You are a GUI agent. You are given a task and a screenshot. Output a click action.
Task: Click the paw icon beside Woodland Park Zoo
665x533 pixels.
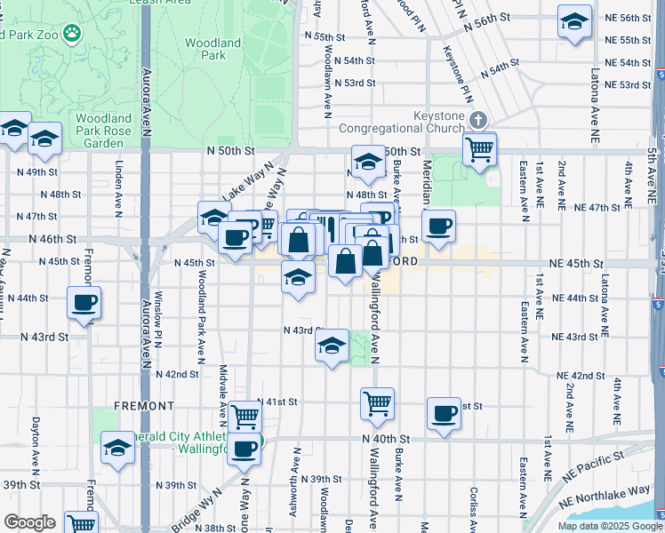point(71,35)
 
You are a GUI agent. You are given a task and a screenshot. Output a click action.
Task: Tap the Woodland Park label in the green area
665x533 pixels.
point(212,48)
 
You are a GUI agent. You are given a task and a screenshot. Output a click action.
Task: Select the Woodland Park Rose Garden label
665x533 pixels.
point(103,130)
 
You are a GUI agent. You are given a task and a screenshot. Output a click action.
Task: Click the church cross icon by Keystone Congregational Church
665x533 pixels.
point(477,120)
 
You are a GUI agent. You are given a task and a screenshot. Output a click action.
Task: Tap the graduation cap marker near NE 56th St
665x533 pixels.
point(574,21)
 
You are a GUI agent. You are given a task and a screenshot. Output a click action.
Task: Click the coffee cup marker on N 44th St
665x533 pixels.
point(84,303)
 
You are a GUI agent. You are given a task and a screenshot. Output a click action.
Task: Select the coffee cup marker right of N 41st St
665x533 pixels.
point(444,413)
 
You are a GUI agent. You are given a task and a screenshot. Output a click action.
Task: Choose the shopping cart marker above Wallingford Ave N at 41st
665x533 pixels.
point(377,403)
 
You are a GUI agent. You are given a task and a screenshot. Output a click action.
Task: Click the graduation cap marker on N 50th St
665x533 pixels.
point(367,162)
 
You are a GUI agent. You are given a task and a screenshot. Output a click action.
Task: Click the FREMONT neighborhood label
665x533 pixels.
point(144,406)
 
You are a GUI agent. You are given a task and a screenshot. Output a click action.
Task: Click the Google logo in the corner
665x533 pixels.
point(29,522)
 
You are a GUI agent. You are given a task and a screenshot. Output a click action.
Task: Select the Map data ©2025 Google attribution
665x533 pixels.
point(609,526)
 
